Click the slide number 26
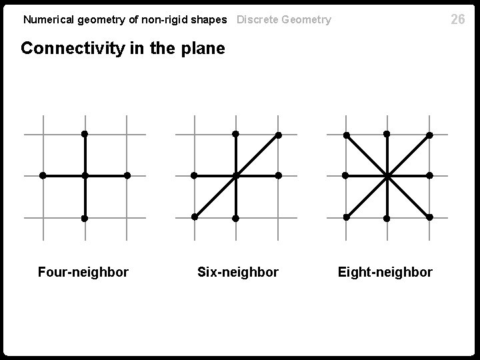click(457, 19)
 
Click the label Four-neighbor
click(83, 272)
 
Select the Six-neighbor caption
click(238, 272)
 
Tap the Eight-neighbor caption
click(385, 272)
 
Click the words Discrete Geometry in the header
click(284, 19)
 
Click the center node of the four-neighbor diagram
click(85, 176)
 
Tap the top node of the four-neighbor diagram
click(85, 134)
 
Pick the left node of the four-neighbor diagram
click(43, 176)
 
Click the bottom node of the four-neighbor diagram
click(85, 218)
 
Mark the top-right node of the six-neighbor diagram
click(278, 135)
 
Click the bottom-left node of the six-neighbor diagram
click(194, 217)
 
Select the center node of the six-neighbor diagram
click(236, 176)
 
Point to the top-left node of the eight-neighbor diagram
click(346, 135)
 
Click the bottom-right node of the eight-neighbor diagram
click(429, 217)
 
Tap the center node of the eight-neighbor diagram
click(387, 176)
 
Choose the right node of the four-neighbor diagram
click(127, 176)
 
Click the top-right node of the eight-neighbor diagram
click(429, 135)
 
